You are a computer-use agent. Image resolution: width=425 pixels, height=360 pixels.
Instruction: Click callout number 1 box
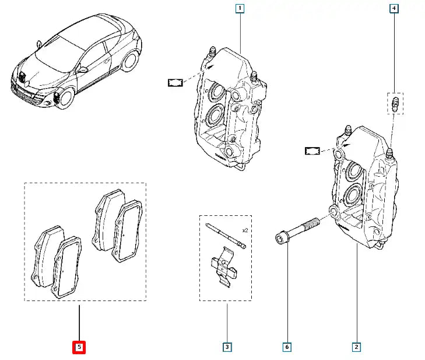click(240, 8)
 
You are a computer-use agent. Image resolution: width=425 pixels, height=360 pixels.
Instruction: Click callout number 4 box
click(395, 8)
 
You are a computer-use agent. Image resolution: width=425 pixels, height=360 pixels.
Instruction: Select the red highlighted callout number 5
click(79, 347)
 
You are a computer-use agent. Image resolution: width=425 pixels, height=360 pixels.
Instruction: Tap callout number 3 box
click(227, 347)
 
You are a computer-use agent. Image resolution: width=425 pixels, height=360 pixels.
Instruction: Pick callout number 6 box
click(286, 347)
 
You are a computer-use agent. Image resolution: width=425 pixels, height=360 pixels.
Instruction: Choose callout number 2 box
click(356, 347)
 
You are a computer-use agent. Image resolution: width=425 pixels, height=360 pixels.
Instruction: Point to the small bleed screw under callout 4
click(395, 106)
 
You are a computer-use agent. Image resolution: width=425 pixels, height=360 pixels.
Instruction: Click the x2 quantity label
click(245, 230)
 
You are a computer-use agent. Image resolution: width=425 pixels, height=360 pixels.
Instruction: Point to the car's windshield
click(55, 51)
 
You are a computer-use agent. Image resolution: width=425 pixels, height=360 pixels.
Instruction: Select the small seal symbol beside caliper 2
click(313, 151)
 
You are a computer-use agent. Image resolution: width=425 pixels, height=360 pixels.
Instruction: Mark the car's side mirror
click(83, 69)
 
